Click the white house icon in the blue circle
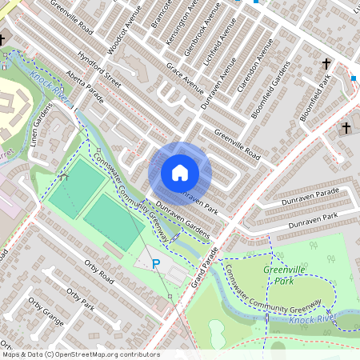pos(180,172)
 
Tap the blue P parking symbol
pos(156,263)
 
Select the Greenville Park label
pos(281,275)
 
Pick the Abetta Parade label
pos(86,90)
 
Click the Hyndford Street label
pos(99,70)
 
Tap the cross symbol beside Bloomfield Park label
pos(326,63)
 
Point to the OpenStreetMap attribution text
pos(80,354)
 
